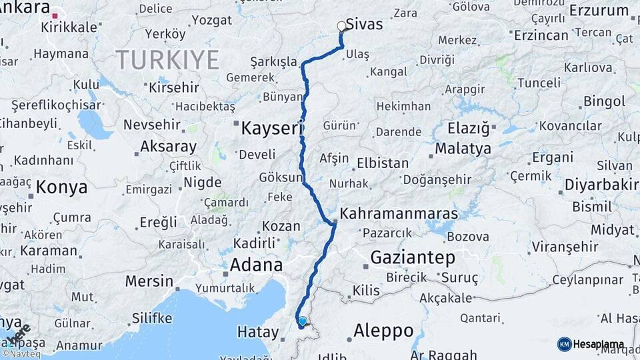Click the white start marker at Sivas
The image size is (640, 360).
tap(342, 27)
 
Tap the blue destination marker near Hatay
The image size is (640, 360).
tap(303, 321)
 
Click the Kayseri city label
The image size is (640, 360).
tap(272, 128)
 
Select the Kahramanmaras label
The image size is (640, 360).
tap(399, 214)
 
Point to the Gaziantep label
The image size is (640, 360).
tap(413, 257)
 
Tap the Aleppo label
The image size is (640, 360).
tap(383, 330)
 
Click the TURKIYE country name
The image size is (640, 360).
tap(167, 61)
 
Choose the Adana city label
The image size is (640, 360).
tap(256, 265)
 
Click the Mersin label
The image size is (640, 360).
tap(149, 281)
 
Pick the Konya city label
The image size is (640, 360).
tap(61, 187)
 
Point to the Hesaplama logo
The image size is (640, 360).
tap(591, 344)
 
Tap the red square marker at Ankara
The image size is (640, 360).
tap(57, 15)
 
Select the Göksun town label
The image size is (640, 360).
tap(280, 178)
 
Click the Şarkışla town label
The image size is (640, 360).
tap(273, 62)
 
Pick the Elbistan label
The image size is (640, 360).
tap(383, 163)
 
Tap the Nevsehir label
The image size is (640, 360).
tap(153, 125)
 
